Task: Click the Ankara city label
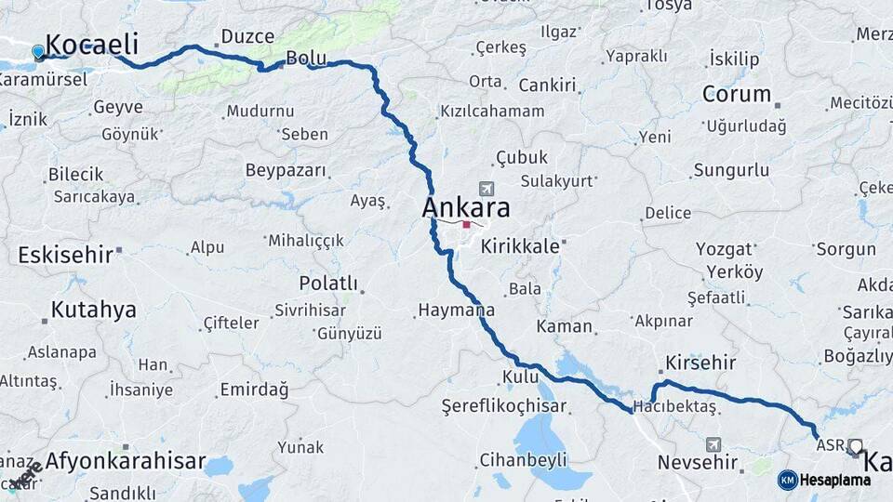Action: pyautogui.click(x=466, y=206)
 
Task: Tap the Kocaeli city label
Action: pyautogui.click(x=91, y=44)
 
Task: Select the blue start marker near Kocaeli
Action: pyautogui.click(x=38, y=52)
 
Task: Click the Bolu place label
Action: pyautogui.click(x=306, y=58)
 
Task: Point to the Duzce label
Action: pyautogui.click(x=247, y=37)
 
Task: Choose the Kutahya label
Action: pyautogui.click(x=93, y=310)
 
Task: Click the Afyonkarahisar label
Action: pyautogui.click(x=125, y=460)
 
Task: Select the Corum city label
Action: pyautogui.click(x=737, y=94)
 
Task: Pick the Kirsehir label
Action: pyautogui.click(x=701, y=363)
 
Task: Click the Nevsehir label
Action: pyautogui.click(x=698, y=462)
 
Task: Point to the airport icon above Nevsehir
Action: pyautogui.click(x=713, y=445)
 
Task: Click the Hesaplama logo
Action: pyautogui.click(x=824, y=480)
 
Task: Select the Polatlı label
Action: pyautogui.click(x=328, y=283)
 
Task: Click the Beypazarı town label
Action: pyautogui.click(x=287, y=170)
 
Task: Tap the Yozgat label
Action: pyautogui.click(x=724, y=249)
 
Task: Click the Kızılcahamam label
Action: pyautogui.click(x=492, y=112)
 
